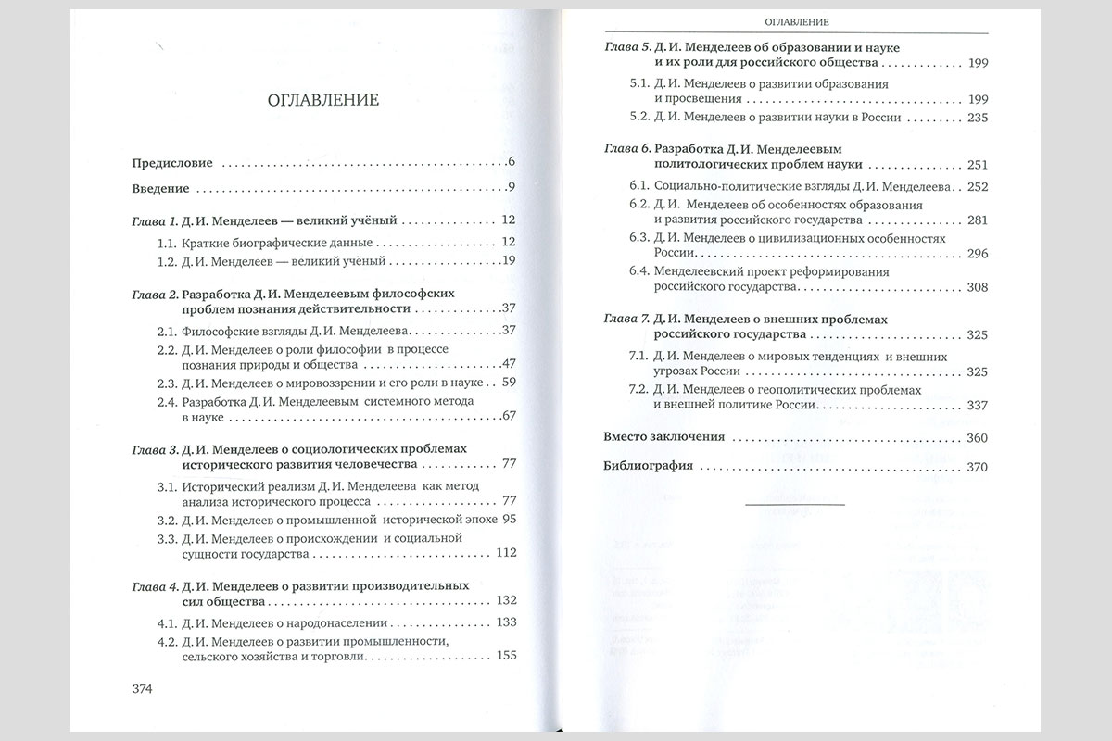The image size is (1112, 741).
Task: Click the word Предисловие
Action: (x=172, y=163)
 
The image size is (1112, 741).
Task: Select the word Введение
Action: (x=161, y=189)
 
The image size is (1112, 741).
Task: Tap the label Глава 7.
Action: (x=626, y=319)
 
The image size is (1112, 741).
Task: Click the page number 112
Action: (x=505, y=554)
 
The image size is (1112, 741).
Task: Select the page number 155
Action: (x=505, y=656)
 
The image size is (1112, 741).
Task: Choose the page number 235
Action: (x=978, y=118)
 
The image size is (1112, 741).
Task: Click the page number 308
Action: (x=978, y=288)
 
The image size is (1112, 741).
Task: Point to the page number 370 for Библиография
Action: (x=978, y=467)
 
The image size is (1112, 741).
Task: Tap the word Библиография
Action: (x=648, y=467)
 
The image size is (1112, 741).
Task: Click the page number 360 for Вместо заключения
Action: (x=978, y=437)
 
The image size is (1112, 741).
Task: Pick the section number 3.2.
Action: (x=167, y=520)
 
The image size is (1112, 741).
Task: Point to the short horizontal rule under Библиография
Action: (x=795, y=503)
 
